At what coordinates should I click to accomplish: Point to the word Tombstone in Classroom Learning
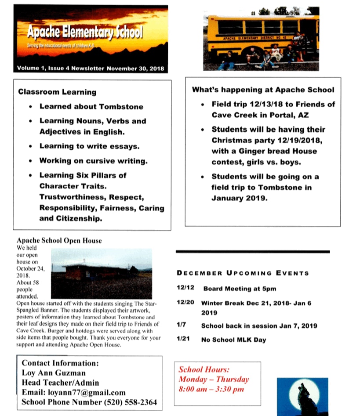pos(121,106)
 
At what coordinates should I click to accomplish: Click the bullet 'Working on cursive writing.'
pos(93,161)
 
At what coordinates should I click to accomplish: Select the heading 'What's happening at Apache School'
pos(263,90)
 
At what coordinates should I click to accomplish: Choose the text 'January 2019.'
pos(240,198)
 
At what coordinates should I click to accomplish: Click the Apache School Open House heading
pos(59,241)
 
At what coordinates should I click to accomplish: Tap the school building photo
pos(101,273)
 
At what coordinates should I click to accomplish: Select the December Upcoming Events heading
pos(243,273)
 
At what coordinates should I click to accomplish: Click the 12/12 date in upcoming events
pos(183,289)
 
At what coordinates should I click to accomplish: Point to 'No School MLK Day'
pos(233,340)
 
